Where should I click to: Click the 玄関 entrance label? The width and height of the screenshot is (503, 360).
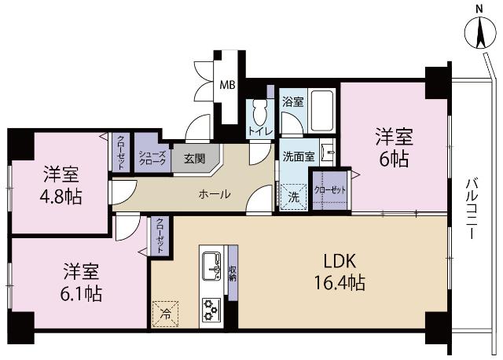[194, 158]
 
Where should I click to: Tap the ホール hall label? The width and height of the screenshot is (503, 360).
[214, 193]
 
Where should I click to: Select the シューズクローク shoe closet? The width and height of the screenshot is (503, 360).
[152, 157]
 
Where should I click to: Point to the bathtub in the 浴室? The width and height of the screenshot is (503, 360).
[322, 112]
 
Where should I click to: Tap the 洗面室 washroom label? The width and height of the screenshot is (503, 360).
[299, 156]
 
